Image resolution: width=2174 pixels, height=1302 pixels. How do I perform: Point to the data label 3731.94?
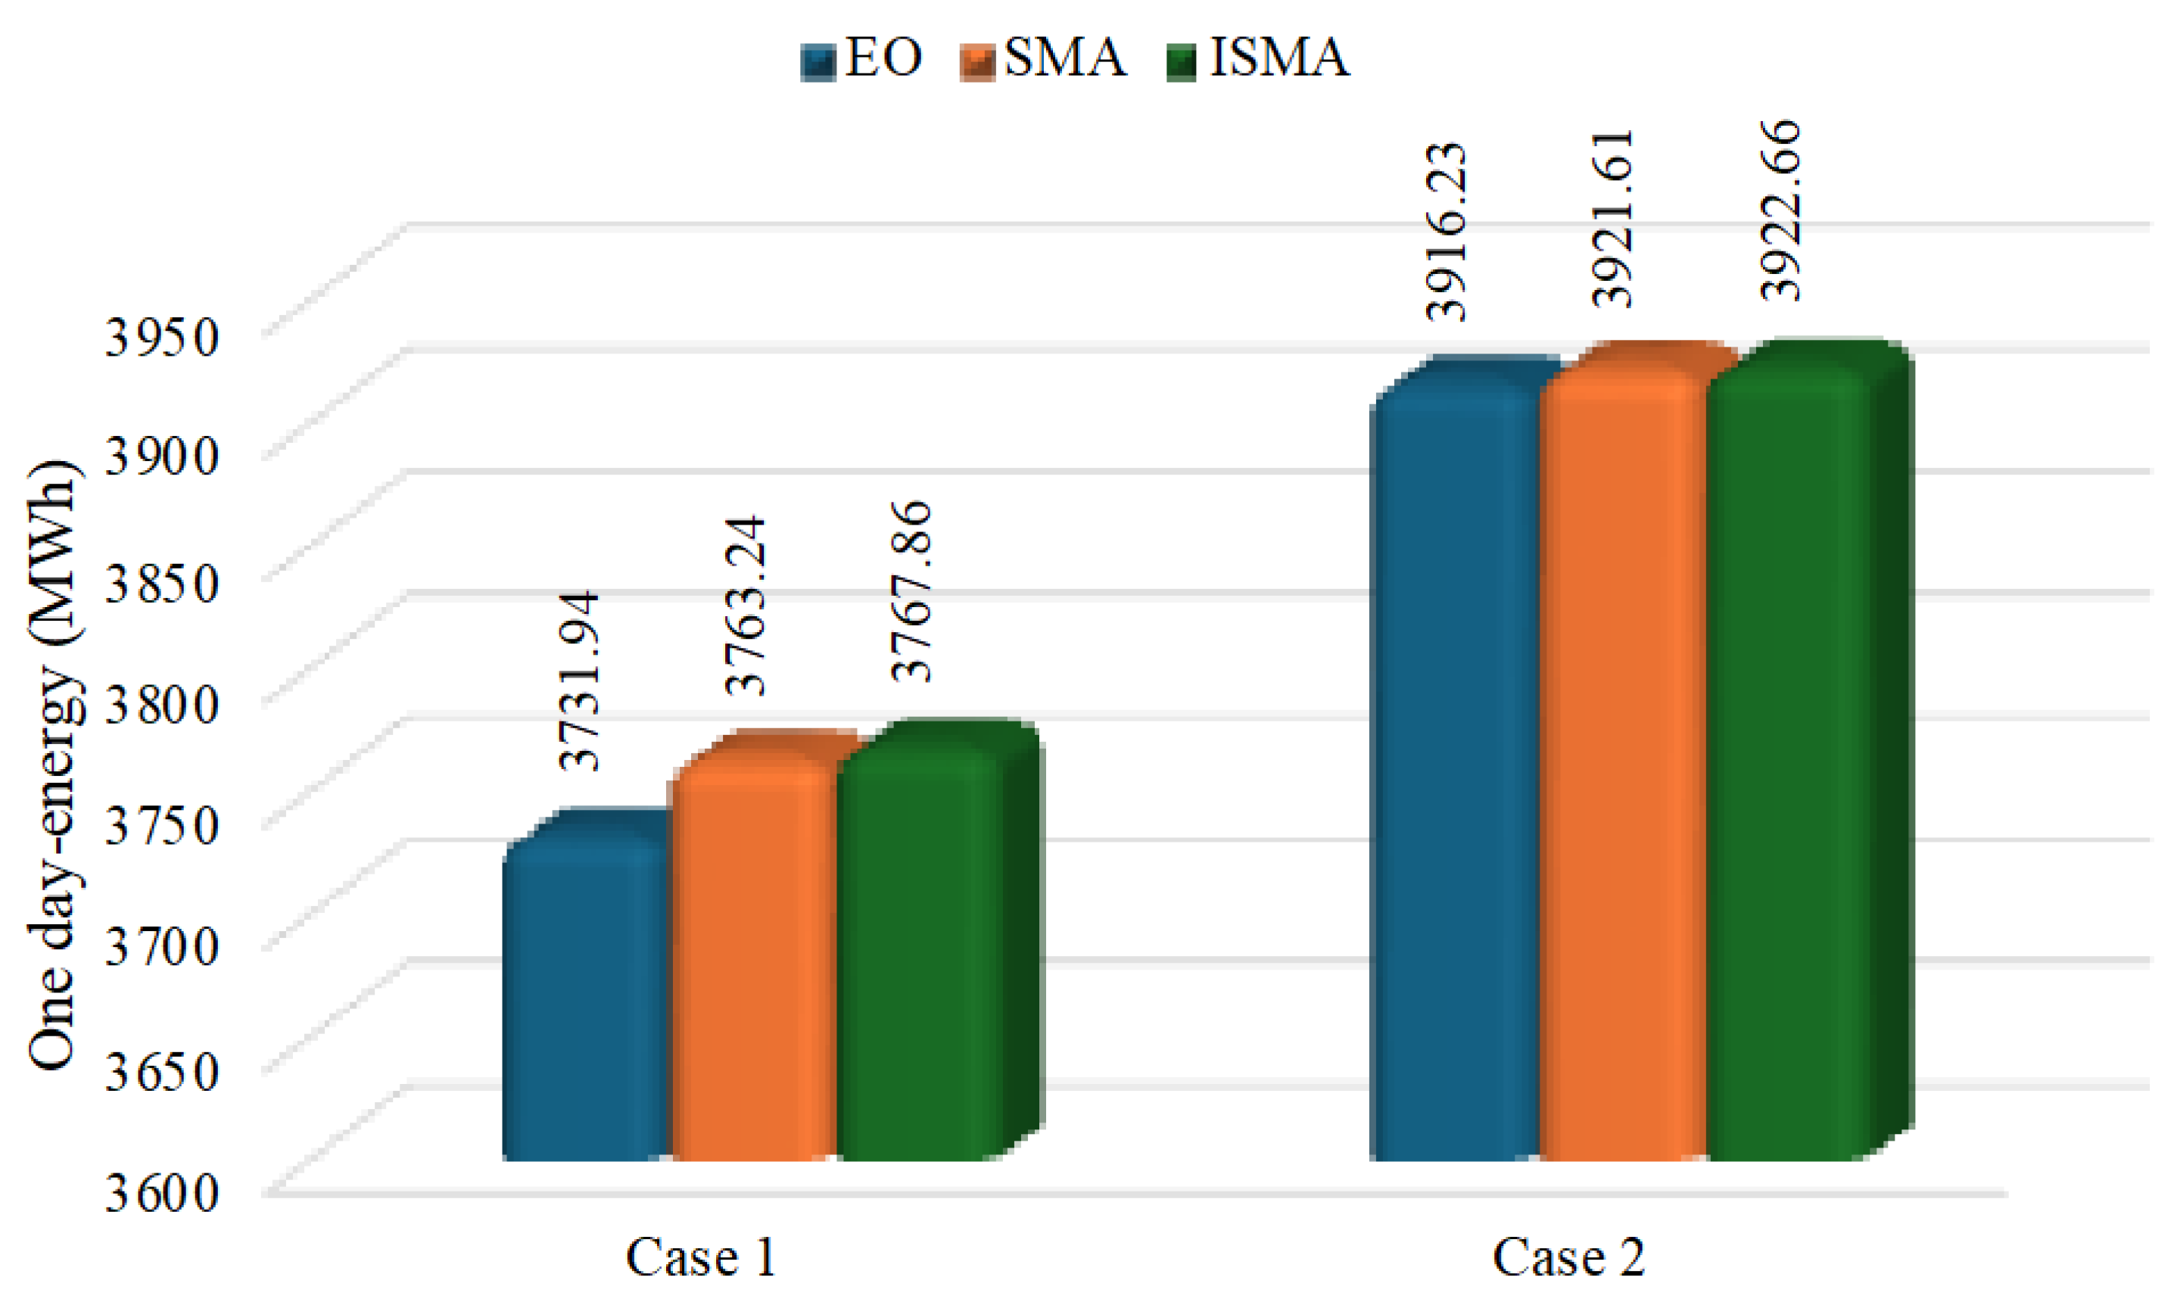coord(580,682)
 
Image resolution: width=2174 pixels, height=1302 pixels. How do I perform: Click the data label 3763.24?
coord(746,606)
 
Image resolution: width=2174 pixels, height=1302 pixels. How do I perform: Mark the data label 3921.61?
coord(1613,220)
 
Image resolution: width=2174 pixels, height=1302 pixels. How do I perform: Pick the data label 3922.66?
coord(1782,211)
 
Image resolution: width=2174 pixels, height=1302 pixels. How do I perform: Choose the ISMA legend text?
coord(1279,59)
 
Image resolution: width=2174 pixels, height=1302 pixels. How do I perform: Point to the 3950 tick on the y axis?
coord(161,337)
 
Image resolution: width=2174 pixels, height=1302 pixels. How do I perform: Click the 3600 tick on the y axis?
coord(161,1193)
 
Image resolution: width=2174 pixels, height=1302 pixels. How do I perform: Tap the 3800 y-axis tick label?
coord(161,704)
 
